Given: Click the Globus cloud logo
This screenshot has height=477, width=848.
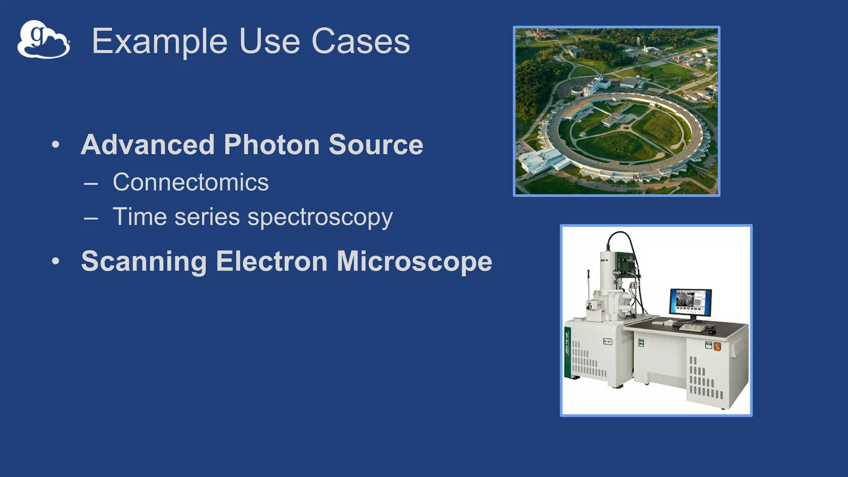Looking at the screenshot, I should (43, 40).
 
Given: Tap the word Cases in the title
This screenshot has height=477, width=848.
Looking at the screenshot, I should (360, 41).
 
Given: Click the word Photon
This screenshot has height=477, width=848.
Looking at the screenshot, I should (272, 145).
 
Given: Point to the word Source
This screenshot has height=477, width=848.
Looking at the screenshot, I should (376, 145).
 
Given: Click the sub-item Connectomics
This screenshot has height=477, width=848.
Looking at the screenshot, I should (190, 182).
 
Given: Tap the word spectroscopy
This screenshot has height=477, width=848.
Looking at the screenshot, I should (320, 217).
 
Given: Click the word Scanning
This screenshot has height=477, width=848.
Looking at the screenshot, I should (144, 261).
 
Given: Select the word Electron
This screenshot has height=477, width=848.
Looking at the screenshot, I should (272, 261).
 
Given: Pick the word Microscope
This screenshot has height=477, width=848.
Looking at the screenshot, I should (414, 261).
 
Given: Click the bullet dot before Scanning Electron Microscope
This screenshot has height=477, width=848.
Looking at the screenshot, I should (56, 261).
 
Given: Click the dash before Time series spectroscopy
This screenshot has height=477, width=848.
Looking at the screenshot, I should (91, 217).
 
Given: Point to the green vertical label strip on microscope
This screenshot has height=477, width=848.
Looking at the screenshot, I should (567, 352).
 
